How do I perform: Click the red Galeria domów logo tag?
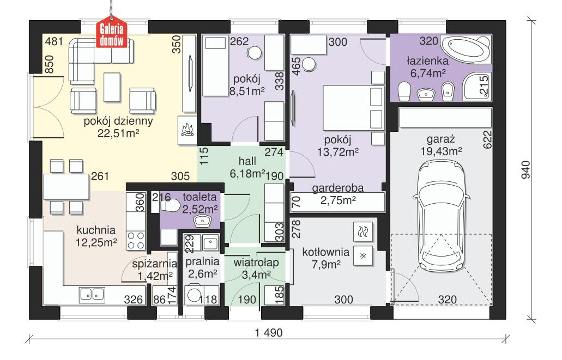click(x=113, y=34)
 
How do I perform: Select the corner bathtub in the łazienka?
click(x=465, y=50)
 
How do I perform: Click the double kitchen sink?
click(x=93, y=295)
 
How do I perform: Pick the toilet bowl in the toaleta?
click(x=171, y=205)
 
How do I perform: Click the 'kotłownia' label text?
click(x=322, y=253)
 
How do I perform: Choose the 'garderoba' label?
click(x=338, y=188)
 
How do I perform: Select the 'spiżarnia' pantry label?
click(x=152, y=264)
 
